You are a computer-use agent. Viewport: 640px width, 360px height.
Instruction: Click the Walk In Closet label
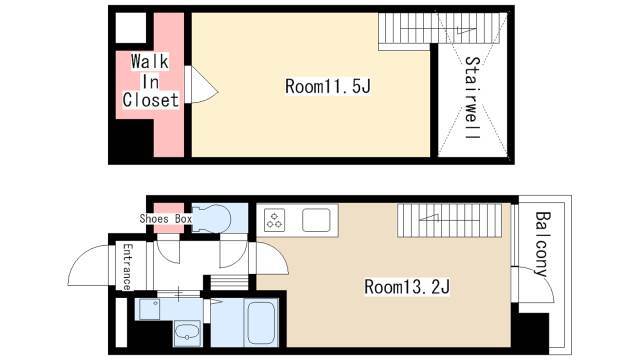[x=151, y=82]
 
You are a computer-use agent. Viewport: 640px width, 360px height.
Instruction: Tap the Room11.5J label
[x=328, y=87]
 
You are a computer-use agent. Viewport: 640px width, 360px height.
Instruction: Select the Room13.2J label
[x=407, y=287]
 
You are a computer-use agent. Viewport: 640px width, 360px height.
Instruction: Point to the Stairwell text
[x=473, y=98]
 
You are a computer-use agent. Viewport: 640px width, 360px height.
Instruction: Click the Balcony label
[x=542, y=244]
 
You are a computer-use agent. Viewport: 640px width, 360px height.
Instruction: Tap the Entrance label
[x=127, y=267]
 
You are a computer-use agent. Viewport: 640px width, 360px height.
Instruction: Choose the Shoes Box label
[x=166, y=219]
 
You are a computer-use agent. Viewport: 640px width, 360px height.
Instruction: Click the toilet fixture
[x=211, y=218]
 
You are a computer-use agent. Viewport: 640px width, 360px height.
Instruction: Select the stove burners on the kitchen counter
[x=274, y=220]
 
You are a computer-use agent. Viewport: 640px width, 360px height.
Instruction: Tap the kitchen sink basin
[x=316, y=220]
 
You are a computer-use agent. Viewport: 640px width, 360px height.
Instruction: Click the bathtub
[x=261, y=322]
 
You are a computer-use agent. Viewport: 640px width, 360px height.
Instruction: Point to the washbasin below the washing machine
[x=187, y=333]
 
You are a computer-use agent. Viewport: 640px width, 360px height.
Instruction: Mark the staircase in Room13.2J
[x=449, y=220]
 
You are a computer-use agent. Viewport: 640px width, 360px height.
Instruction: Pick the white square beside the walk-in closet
[x=131, y=28]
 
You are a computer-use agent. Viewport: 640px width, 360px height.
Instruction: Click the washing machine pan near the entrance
[x=149, y=309]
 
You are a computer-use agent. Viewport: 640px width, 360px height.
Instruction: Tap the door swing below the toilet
[x=234, y=254]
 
